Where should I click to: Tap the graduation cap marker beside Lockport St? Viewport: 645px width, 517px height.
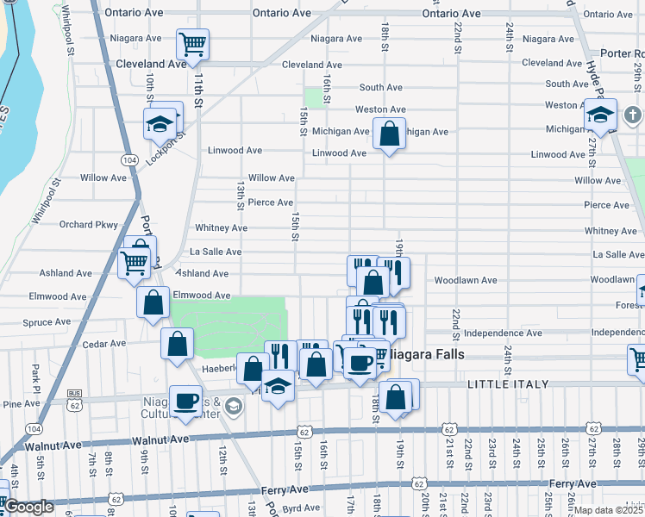click(160, 123)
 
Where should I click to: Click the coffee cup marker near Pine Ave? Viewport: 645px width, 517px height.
click(186, 401)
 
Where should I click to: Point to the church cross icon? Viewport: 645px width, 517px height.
click(632, 115)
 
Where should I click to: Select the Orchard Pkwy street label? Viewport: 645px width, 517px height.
click(88, 225)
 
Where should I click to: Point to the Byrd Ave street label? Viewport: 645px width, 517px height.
click(301, 508)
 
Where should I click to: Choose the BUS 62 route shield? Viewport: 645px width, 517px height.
click(75, 399)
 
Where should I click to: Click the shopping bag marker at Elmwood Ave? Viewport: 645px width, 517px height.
click(153, 303)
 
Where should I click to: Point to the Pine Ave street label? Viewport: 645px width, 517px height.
click(22, 403)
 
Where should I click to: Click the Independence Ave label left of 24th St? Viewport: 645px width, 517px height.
click(502, 333)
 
